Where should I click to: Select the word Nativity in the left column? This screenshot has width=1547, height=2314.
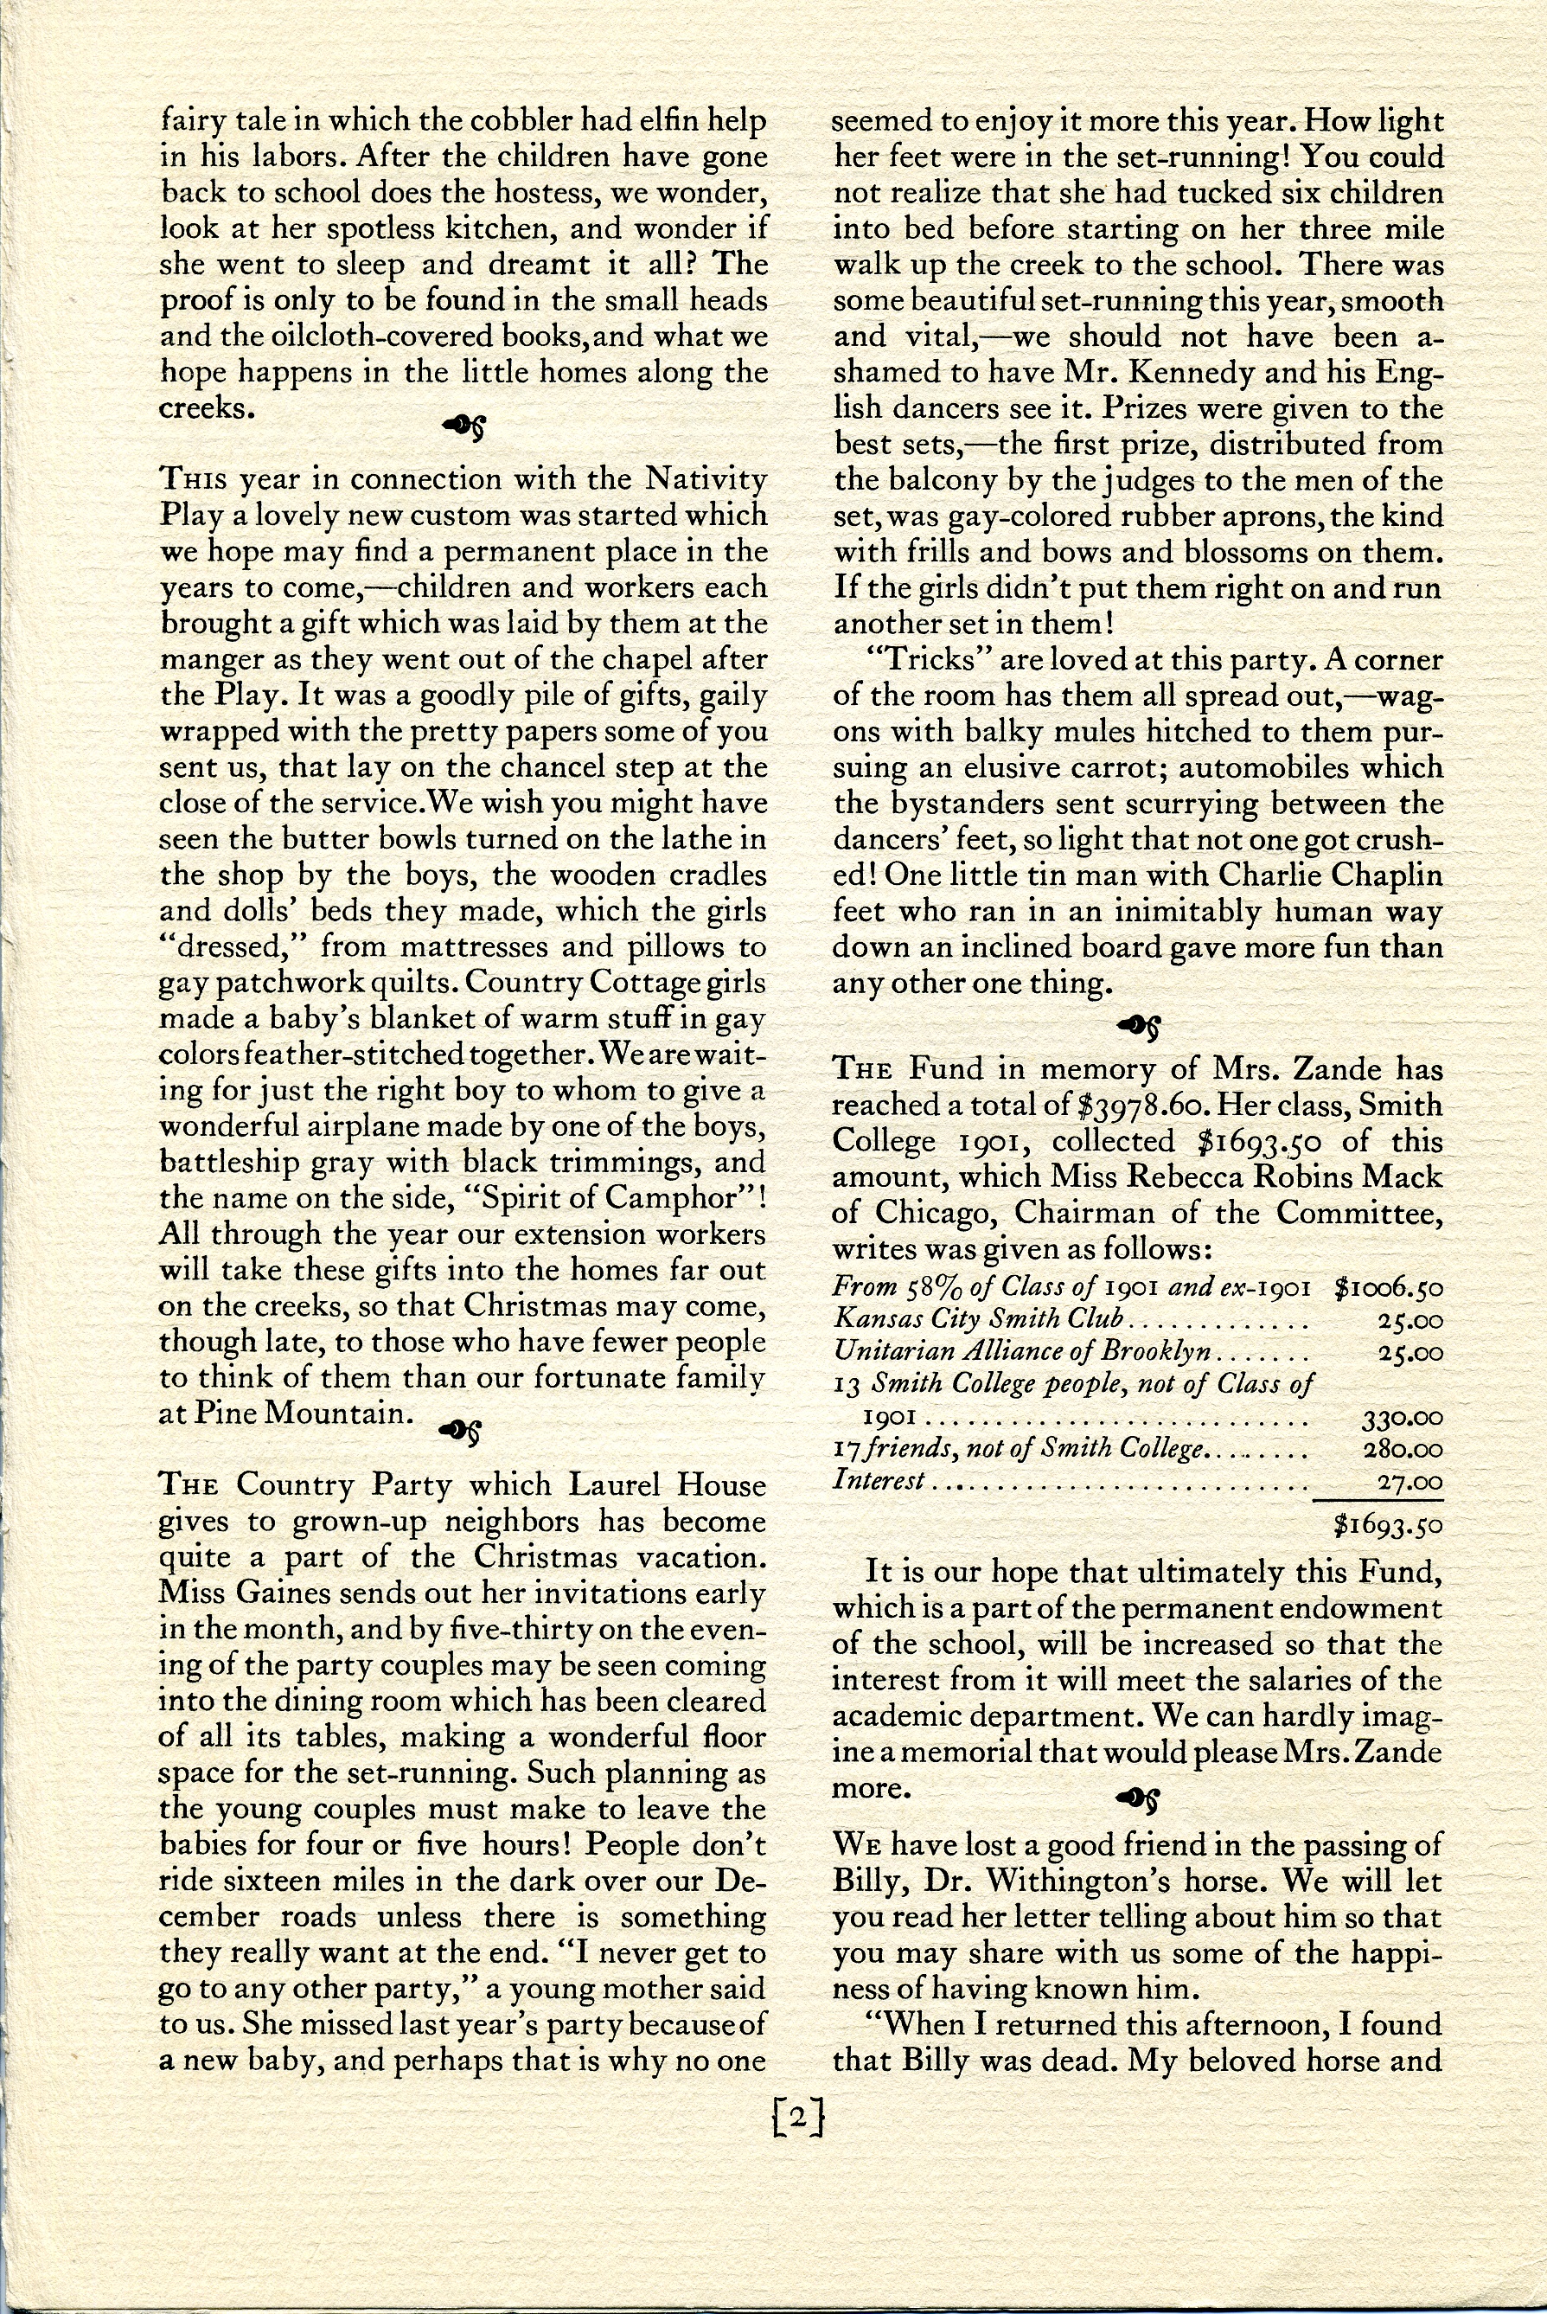tap(706, 478)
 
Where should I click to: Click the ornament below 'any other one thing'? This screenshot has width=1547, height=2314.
tap(1136, 1026)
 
